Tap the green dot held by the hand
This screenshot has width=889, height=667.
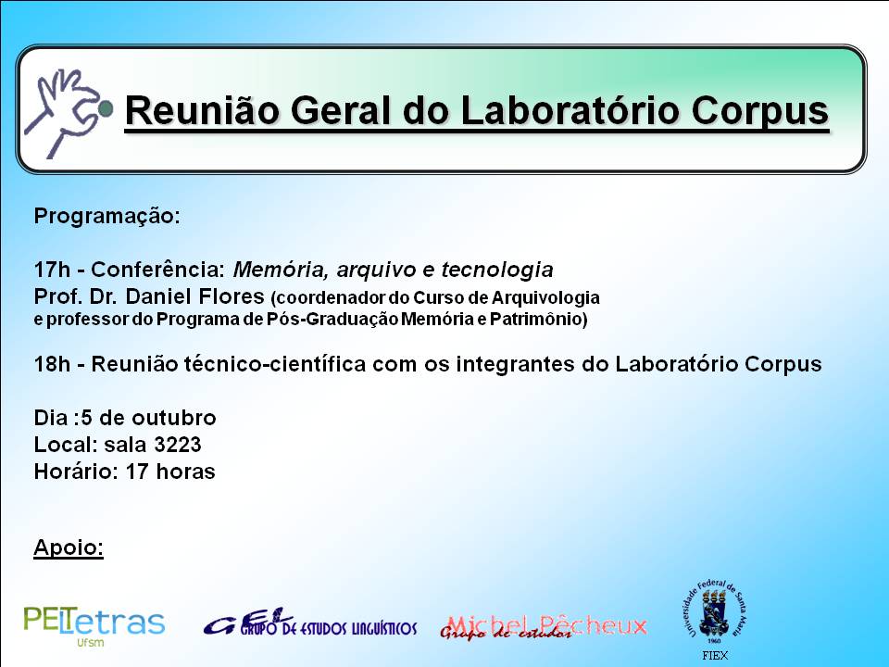[x=106, y=108]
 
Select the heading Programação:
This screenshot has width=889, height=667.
[x=106, y=216]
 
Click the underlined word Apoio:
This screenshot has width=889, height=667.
[x=69, y=547]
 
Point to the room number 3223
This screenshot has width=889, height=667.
[x=178, y=445]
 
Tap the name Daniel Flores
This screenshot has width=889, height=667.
[x=195, y=296]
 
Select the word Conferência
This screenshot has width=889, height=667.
[x=158, y=270]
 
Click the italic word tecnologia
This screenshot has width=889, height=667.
[x=497, y=270]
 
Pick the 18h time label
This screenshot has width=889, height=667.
[x=52, y=363]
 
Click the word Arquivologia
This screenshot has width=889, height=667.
[x=545, y=298]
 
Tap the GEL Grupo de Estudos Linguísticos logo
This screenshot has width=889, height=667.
[x=310, y=623]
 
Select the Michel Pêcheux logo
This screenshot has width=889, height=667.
[x=544, y=627]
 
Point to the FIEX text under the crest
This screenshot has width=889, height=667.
[x=714, y=656]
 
